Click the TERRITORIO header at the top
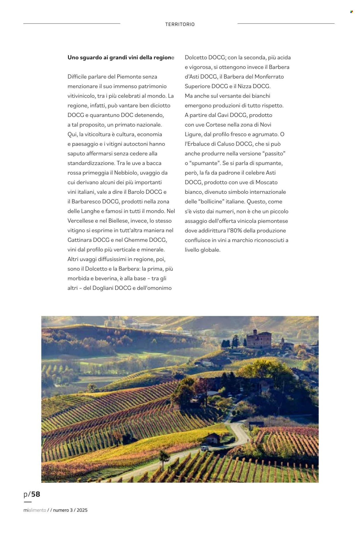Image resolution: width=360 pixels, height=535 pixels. (x=180, y=24)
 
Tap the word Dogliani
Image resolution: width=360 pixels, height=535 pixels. (x=103, y=288)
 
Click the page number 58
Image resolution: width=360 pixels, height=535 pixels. (x=35, y=494)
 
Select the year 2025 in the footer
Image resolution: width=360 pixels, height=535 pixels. (x=82, y=510)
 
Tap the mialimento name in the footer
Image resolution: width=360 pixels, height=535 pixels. (x=35, y=510)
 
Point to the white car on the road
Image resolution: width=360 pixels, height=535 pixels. (x=204, y=448)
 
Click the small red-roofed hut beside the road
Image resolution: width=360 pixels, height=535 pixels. (x=212, y=438)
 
